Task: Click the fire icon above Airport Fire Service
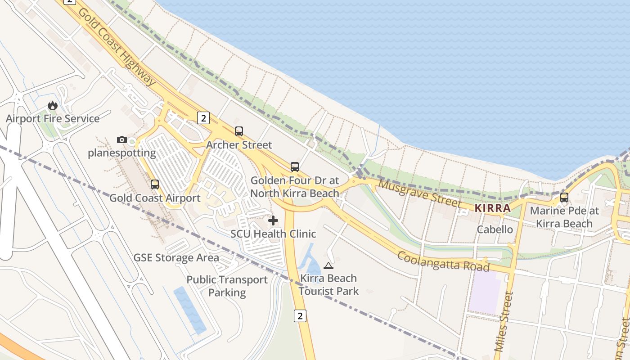click(x=53, y=105)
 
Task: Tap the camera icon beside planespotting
click(x=121, y=140)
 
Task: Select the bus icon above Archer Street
click(x=239, y=131)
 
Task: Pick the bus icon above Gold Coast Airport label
click(x=155, y=184)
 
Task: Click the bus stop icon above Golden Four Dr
click(x=295, y=167)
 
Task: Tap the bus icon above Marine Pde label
click(x=564, y=197)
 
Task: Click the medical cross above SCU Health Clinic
click(x=273, y=220)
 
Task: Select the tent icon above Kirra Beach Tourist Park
click(x=328, y=265)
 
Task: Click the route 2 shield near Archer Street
click(x=203, y=118)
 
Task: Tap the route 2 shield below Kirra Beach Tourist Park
click(x=300, y=315)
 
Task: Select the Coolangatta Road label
click(x=443, y=261)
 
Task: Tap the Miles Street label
click(x=504, y=321)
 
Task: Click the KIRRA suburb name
click(x=493, y=208)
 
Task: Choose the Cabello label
click(x=495, y=229)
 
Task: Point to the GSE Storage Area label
click(x=176, y=258)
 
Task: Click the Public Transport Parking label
click(x=227, y=286)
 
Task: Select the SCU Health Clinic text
click(x=273, y=234)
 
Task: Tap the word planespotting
click(x=121, y=153)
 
